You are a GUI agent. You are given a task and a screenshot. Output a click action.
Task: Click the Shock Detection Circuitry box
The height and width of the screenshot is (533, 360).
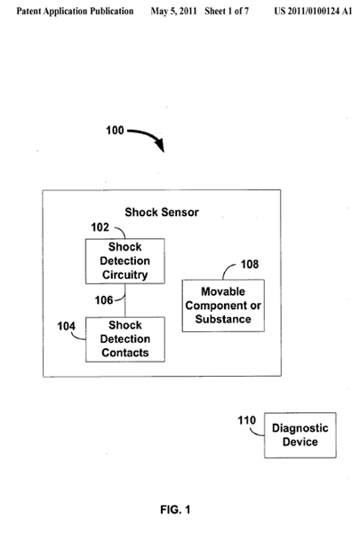point(124,261)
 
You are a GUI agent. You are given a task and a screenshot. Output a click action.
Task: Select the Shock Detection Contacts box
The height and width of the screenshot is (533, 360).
point(125,339)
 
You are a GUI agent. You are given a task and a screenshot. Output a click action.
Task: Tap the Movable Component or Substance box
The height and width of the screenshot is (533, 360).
point(223,306)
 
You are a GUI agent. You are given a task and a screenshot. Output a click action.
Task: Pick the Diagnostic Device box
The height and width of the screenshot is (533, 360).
point(300,435)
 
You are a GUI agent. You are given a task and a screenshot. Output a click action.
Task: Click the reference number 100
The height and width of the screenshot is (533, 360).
point(115,131)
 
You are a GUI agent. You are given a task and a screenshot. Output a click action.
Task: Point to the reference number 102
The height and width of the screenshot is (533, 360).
point(100,227)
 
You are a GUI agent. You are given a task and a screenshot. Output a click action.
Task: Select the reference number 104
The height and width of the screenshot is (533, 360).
point(66,326)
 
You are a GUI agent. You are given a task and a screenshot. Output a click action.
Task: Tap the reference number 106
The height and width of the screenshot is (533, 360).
point(104,300)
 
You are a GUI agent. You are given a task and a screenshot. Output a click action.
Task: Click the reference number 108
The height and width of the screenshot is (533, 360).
point(250,264)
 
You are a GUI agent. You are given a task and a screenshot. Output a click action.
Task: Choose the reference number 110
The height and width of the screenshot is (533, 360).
point(246,420)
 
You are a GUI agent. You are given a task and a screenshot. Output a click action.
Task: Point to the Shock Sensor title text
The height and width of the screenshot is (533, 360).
point(162,212)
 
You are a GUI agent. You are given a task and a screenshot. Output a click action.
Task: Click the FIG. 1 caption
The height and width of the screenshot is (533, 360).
point(175,510)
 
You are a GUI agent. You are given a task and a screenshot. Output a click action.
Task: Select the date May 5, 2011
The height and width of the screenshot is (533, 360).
point(173,12)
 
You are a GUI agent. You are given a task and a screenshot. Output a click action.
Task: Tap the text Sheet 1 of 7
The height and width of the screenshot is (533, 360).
point(227,12)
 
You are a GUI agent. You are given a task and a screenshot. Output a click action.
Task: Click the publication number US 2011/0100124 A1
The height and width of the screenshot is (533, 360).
point(313,12)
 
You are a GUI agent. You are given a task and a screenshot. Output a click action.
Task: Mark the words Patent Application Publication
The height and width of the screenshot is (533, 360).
point(75,12)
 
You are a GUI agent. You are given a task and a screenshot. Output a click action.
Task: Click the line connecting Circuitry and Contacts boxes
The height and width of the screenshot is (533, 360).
point(124,300)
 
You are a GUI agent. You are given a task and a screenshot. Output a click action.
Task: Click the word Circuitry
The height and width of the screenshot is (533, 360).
point(124,274)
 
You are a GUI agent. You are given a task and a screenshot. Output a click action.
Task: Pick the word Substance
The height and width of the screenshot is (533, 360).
point(223,319)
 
